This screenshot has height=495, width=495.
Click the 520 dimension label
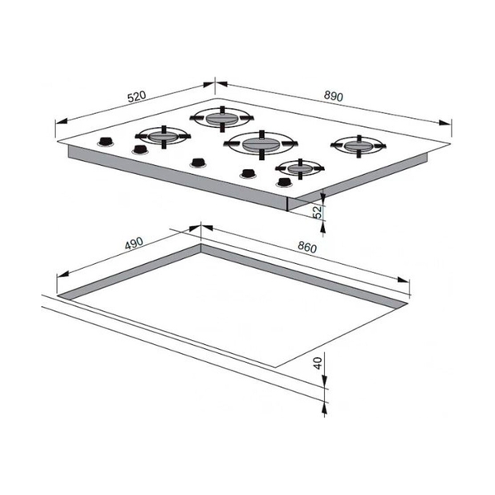137,97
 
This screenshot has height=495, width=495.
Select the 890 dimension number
333,96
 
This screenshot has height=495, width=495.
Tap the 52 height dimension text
318,211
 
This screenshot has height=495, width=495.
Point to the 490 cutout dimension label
134,243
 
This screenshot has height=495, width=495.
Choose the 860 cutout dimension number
307,247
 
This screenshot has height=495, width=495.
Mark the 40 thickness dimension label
318,363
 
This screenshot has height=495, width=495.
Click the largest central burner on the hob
262,144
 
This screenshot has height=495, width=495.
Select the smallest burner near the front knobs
299,168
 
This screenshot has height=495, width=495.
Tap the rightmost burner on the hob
358,146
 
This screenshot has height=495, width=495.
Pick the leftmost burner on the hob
163,137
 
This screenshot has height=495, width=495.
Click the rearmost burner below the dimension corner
222,118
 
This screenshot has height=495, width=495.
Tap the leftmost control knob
106,142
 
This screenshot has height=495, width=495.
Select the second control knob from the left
140,149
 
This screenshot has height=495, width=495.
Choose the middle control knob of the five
198,163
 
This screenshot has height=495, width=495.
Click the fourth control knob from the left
247,174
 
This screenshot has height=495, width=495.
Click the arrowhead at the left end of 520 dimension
61,121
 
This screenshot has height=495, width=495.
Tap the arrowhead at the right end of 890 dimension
445,123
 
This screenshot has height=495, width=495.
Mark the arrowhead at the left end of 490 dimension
63,275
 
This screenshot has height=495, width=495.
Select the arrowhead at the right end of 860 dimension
403,280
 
